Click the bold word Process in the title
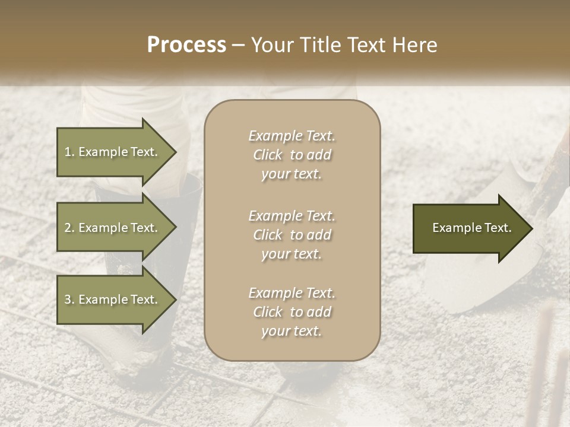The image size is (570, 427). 186,45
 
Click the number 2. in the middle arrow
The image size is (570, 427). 69,228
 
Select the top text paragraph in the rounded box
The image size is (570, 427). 292,155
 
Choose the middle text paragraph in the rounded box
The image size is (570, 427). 292,235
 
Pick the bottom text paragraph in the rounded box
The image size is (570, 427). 292,312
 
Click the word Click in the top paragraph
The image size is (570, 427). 268,155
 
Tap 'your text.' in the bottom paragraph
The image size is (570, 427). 292,331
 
